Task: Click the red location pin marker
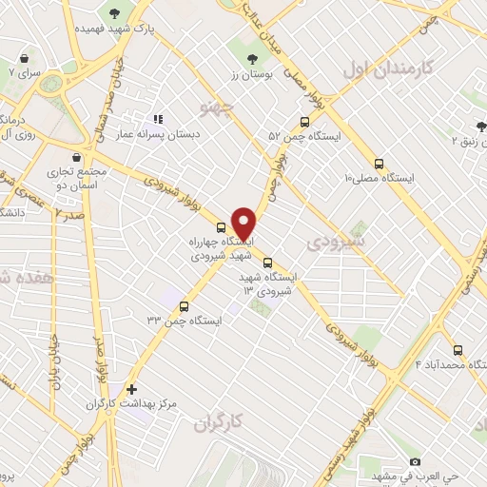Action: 244,223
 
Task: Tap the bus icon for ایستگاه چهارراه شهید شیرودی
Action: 222,228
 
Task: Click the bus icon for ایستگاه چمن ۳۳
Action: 184,307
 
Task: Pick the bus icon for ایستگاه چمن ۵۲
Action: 304,122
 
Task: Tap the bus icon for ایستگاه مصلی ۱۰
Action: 380,164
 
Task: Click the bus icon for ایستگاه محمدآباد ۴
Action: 458,349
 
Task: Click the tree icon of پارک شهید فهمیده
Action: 115,12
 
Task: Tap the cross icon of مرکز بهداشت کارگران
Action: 131,389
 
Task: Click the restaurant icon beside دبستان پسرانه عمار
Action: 158,120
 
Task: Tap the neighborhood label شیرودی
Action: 332,245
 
